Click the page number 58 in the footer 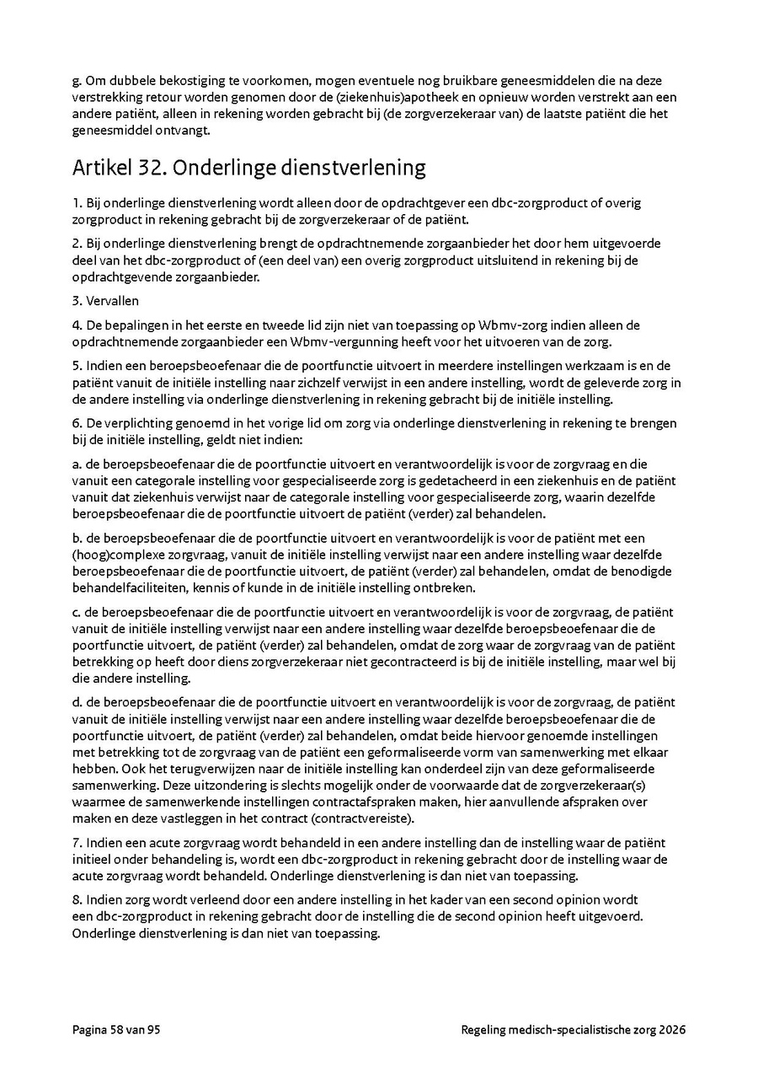pyautogui.click(x=117, y=1030)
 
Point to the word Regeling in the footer pyautogui.click(x=484, y=1030)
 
